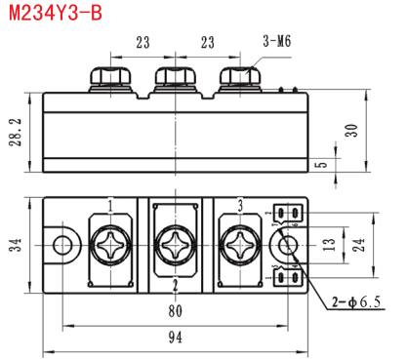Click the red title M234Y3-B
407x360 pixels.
pyautogui.click(x=56, y=13)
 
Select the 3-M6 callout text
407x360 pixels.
pyautogui.click(x=277, y=41)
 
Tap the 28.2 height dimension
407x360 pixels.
pyautogui.click(x=16, y=132)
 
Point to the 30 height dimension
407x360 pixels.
pyautogui.click(x=351, y=131)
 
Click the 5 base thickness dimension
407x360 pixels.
pyautogui.click(x=321, y=164)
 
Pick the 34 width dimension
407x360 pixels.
pyautogui.click(x=15, y=245)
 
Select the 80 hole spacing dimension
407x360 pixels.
pyautogui.click(x=176, y=311)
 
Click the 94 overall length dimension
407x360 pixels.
pyautogui.click(x=176, y=338)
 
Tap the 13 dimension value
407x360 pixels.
pyautogui.click(x=329, y=244)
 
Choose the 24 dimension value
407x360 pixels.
pyautogui.click(x=358, y=245)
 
